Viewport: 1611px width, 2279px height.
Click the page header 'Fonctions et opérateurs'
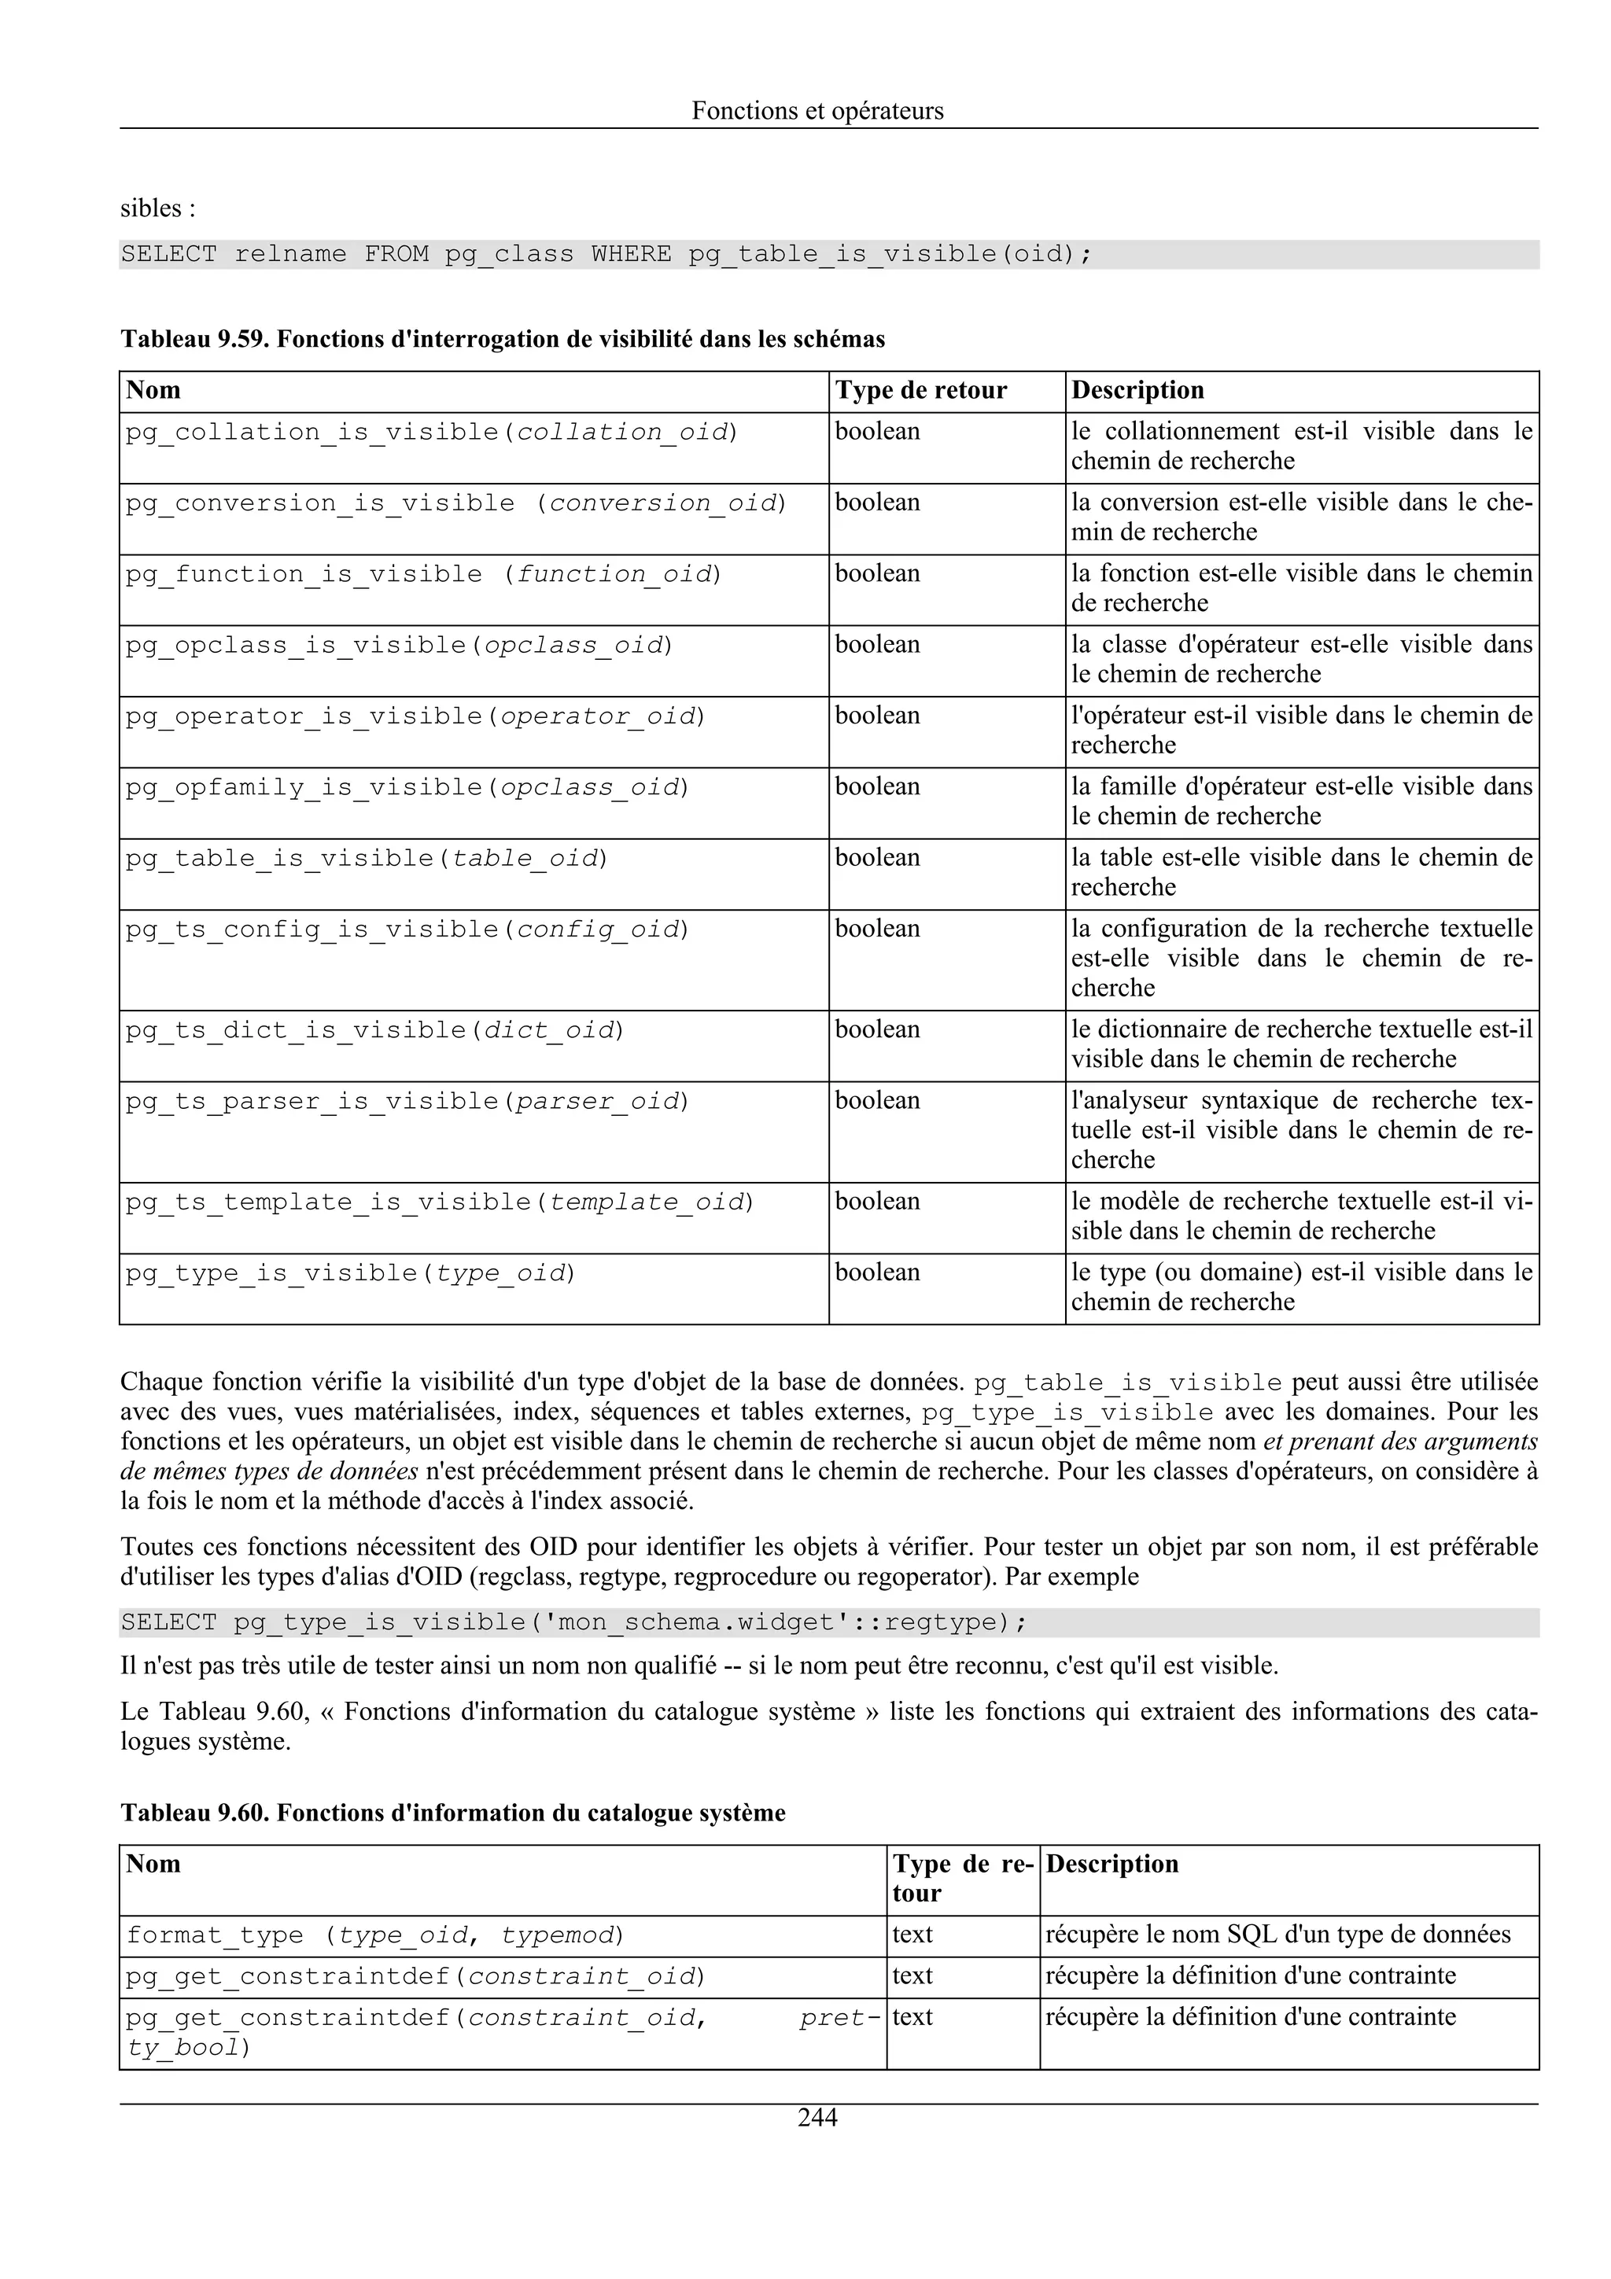[x=817, y=110]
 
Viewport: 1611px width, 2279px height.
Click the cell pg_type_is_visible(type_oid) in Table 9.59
[x=350, y=1272]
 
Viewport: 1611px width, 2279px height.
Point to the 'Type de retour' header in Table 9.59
[x=920, y=390]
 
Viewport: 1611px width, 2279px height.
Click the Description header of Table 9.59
[x=1137, y=390]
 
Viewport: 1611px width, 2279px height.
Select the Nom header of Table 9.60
[x=154, y=1864]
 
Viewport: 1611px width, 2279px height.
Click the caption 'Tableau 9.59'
[x=503, y=340]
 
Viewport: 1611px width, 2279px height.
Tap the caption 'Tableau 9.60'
[x=452, y=1813]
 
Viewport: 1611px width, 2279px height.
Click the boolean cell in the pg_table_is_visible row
[x=877, y=858]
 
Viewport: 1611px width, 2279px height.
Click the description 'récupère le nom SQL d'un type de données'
[x=1277, y=1935]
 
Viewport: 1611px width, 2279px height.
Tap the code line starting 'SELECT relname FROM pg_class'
[x=606, y=254]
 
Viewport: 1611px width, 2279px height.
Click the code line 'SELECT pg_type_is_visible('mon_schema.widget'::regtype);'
[x=573, y=1623]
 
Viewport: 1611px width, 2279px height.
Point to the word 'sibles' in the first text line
[x=151, y=208]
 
